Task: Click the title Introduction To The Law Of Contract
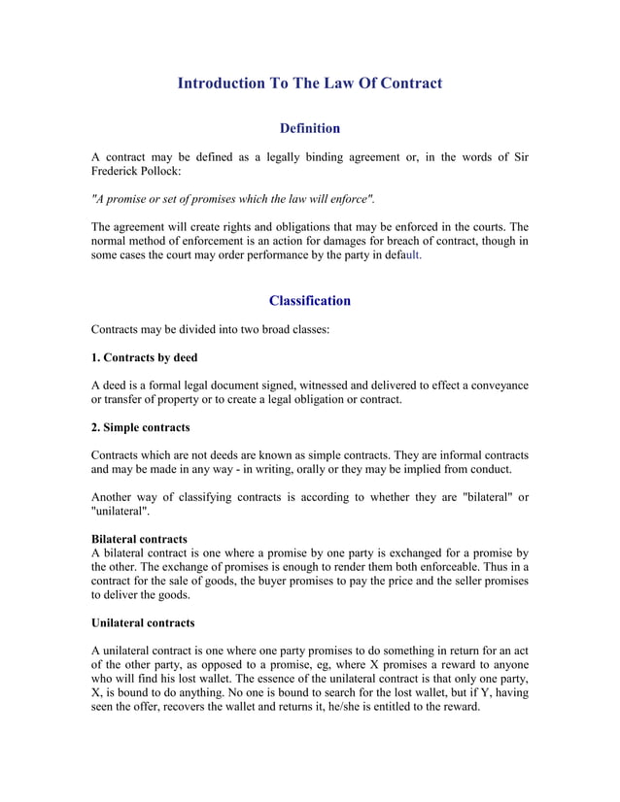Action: (309, 84)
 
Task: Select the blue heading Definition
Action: (309, 128)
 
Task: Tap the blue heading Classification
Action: (309, 300)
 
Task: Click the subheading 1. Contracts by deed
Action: (144, 357)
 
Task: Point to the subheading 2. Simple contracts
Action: (140, 427)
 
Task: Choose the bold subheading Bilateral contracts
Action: (139, 538)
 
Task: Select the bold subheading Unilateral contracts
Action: (142, 622)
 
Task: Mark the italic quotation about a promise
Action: (232, 199)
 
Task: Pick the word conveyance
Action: (496, 385)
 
